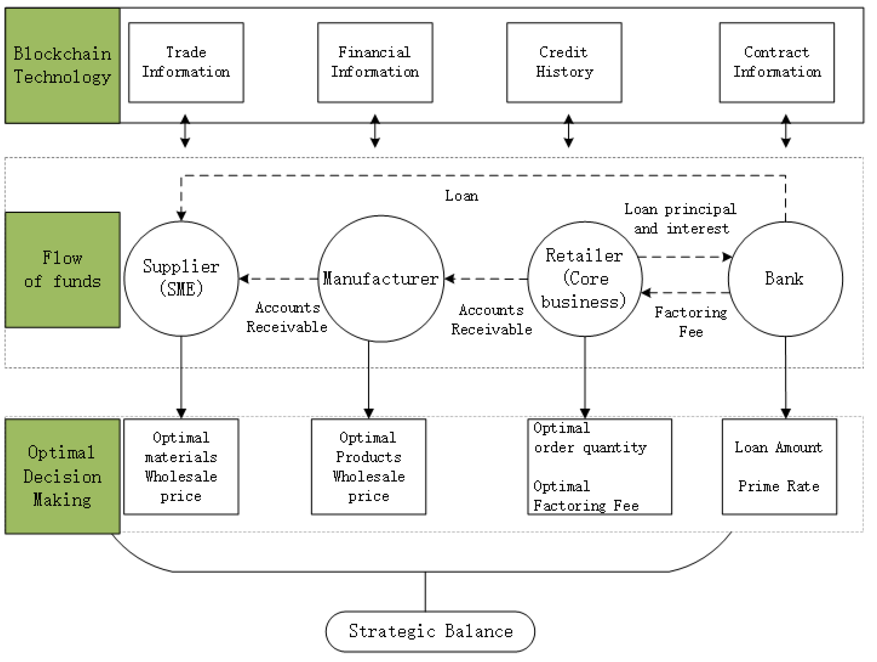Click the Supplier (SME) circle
coord(181,278)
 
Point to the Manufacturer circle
coord(381,278)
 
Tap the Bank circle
coord(785,278)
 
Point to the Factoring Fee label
coord(691,322)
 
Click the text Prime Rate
coord(778,486)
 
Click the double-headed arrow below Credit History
coord(568,131)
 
